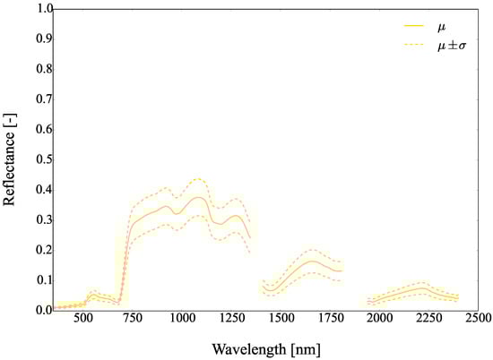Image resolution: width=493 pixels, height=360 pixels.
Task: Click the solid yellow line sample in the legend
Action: click(x=391, y=27)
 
